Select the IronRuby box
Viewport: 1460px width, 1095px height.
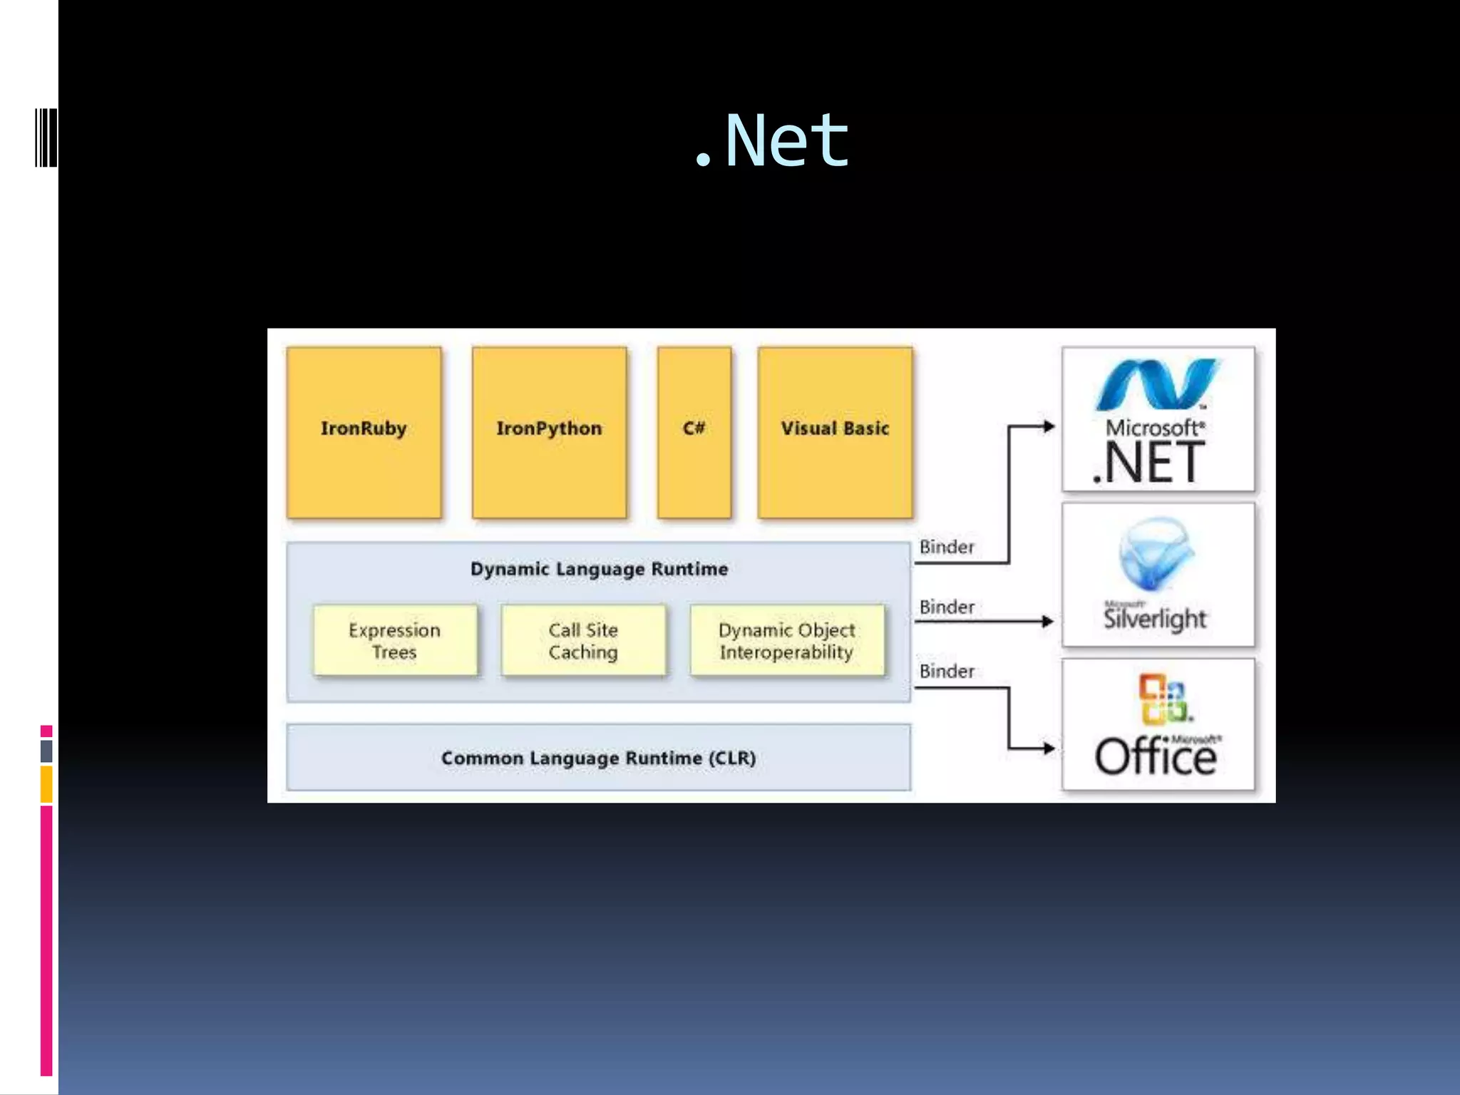[364, 432]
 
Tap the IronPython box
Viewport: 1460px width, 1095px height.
[549, 432]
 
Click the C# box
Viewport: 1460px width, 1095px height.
[694, 432]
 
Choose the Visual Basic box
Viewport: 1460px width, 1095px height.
[835, 432]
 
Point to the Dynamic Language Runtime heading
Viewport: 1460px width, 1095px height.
[599, 569]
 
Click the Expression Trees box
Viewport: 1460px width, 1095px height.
[395, 640]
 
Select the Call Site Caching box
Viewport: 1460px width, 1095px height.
[583, 640]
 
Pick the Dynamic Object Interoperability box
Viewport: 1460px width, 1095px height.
[786, 640]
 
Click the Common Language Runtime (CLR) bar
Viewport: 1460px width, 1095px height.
[599, 758]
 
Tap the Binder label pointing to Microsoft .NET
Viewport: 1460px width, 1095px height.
[946, 547]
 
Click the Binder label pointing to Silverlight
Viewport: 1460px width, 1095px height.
[946, 607]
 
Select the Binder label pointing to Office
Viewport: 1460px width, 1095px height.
[946, 672]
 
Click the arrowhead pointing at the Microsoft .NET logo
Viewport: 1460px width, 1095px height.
[1049, 426]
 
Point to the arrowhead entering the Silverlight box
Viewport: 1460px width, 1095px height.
[1048, 622]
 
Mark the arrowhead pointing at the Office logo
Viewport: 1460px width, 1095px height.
[1049, 748]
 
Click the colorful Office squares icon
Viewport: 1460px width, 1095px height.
[1163, 699]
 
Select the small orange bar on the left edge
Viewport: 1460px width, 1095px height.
[46, 783]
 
